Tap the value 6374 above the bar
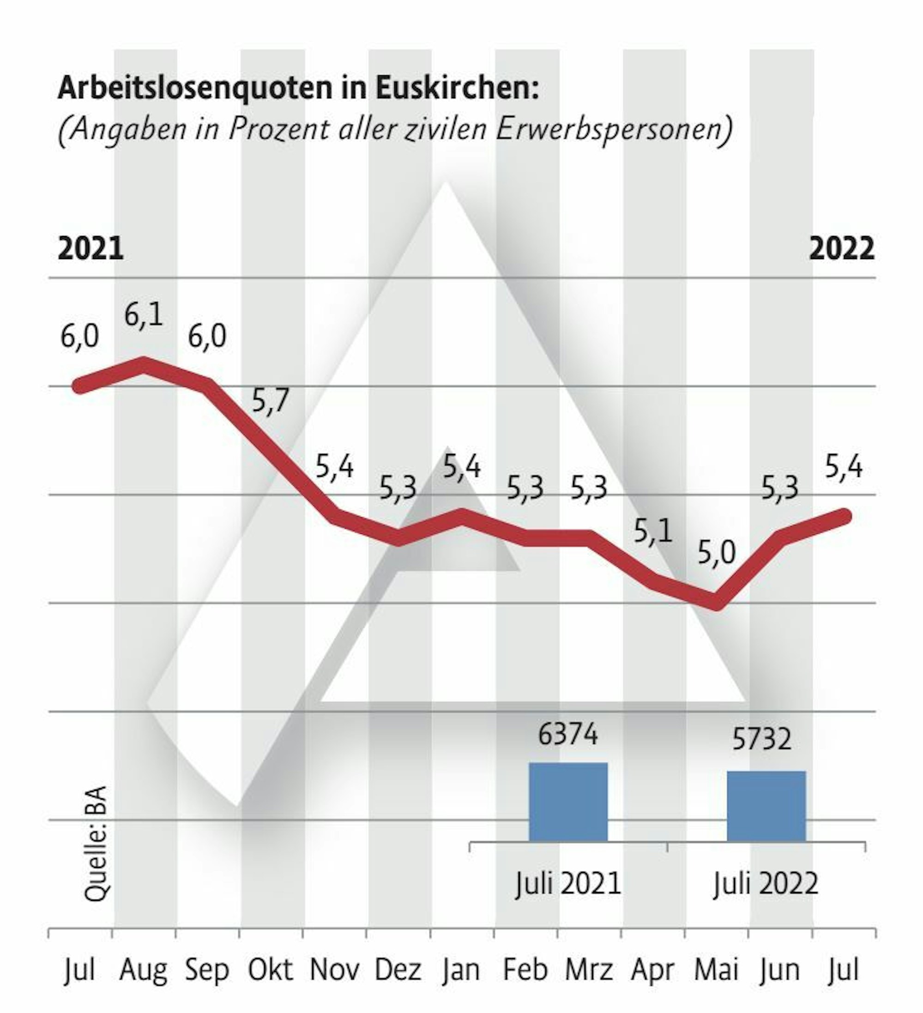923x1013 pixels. [x=568, y=734]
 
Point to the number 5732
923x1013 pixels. [x=762, y=739]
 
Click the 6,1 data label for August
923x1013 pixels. [x=144, y=315]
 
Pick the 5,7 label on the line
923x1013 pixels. [x=270, y=400]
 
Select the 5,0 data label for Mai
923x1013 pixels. [x=717, y=553]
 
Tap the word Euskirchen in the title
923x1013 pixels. [x=457, y=89]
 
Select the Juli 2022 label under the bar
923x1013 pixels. [x=766, y=882]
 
